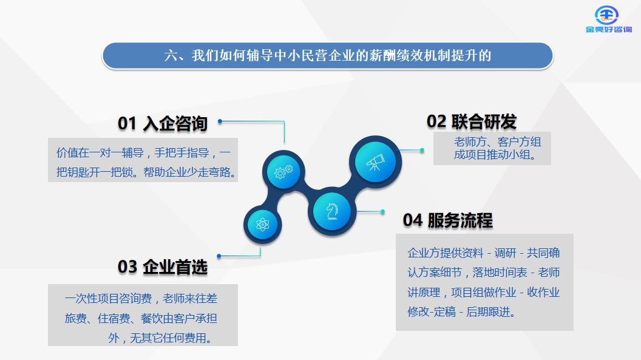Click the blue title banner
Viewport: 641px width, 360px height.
click(x=327, y=56)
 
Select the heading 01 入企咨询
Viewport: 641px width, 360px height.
click(x=163, y=123)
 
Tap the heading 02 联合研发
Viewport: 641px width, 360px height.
click(x=472, y=121)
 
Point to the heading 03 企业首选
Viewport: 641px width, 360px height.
click(x=163, y=267)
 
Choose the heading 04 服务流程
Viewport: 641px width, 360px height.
click(x=447, y=220)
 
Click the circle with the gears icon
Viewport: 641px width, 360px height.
click(x=283, y=172)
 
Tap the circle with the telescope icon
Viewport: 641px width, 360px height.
click(x=375, y=162)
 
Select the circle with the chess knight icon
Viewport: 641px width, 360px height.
click(x=331, y=212)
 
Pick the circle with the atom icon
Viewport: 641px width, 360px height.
click(x=262, y=225)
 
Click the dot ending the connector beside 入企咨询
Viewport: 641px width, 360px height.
click(x=220, y=121)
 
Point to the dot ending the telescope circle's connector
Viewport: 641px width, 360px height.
click(x=422, y=151)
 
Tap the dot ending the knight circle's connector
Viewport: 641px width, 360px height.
click(x=382, y=212)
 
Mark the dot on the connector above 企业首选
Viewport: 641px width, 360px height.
click(x=219, y=256)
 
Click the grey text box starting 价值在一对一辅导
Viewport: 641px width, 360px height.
click(x=143, y=160)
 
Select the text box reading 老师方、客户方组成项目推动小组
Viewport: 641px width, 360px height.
click(x=492, y=148)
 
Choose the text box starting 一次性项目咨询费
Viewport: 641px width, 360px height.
click(x=143, y=315)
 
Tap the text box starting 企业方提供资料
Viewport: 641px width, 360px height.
click(x=484, y=282)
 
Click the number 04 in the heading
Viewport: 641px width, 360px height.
click(x=413, y=220)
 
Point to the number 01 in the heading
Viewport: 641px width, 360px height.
click(x=127, y=123)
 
